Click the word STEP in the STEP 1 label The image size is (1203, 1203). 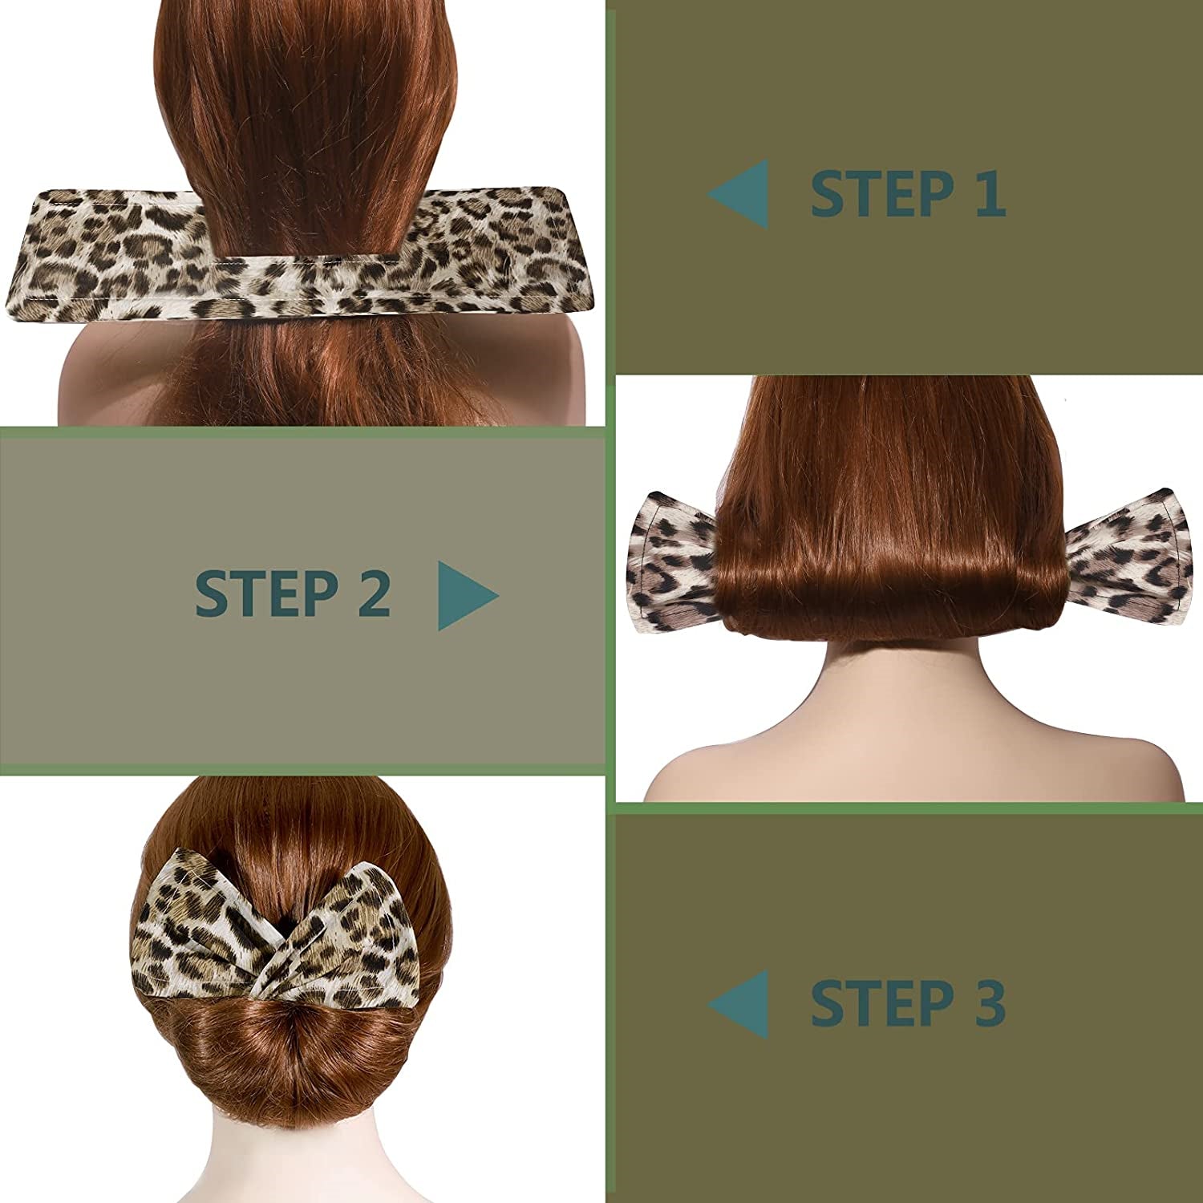coord(882,193)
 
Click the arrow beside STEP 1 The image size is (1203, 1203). coord(738,193)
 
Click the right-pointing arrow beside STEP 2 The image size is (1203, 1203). coord(468,595)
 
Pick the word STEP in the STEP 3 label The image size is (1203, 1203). coord(882,1002)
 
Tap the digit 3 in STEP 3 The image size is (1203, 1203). coord(990,1002)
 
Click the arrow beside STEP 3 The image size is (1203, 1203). coord(738,1004)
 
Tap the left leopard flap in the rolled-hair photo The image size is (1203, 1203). coord(672,561)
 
